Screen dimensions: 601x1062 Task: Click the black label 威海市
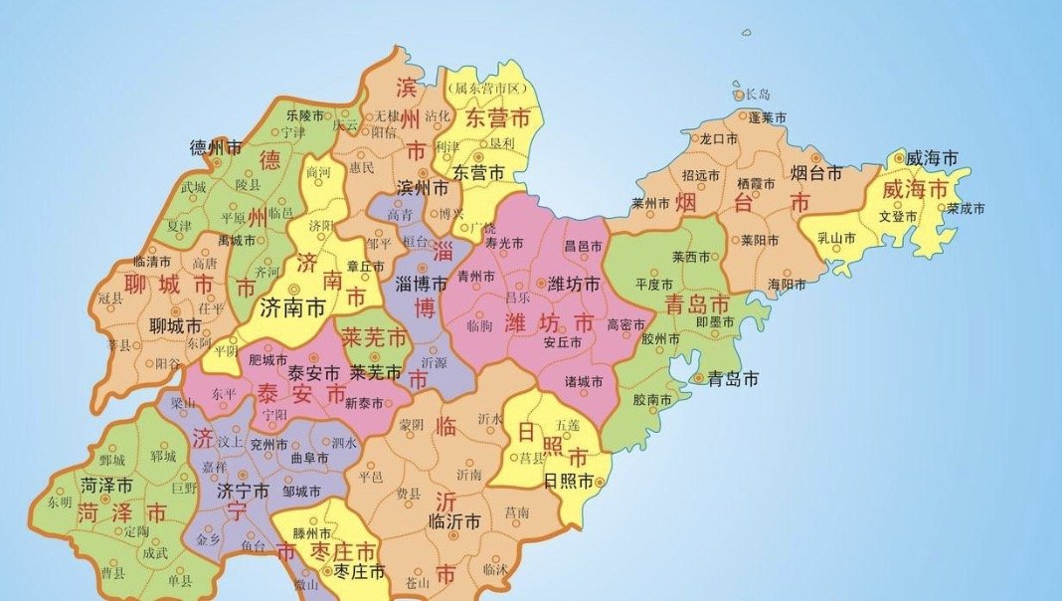coord(933,158)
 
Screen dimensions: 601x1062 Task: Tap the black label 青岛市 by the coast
coord(732,379)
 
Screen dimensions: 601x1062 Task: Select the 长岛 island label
coord(758,95)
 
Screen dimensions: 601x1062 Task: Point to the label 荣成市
coord(965,209)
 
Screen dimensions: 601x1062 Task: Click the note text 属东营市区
coord(488,89)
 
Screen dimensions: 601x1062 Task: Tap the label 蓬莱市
coord(767,118)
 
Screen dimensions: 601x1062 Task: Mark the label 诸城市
coord(584,382)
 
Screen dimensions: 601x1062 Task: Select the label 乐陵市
coord(305,115)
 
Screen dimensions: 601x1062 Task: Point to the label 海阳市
coord(788,285)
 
